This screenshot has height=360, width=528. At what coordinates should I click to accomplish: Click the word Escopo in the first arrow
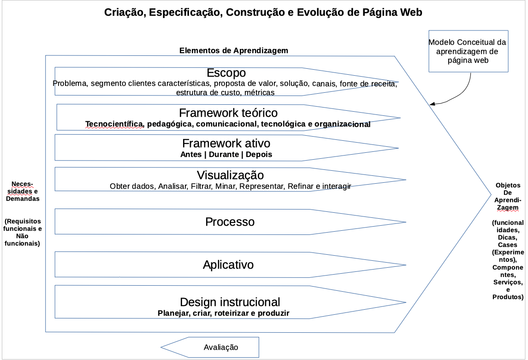pyautogui.click(x=226, y=73)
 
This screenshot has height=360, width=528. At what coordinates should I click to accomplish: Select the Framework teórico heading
pyautogui.click(x=228, y=113)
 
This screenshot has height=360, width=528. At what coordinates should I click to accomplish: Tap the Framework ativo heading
pyautogui.click(x=226, y=143)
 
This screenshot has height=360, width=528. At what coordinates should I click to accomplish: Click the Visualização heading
pyautogui.click(x=230, y=175)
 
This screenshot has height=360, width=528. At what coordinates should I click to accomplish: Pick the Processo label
pyautogui.click(x=230, y=222)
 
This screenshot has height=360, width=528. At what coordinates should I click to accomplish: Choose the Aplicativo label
pyautogui.click(x=228, y=265)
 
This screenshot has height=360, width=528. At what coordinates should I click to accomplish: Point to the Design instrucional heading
pyautogui.click(x=230, y=302)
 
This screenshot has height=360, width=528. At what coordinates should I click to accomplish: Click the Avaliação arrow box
pyautogui.click(x=220, y=347)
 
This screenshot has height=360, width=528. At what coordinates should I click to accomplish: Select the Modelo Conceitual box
pyautogui.click(x=467, y=51)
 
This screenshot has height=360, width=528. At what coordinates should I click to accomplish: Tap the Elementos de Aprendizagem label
pyautogui.click(x=234, y=50)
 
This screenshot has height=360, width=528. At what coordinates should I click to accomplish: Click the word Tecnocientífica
pyautogui.click(x=114, y=124)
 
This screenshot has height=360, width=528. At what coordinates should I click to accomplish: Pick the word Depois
pyautogui.click(x=259, y=155)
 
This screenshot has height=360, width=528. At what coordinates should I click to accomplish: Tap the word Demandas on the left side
pyautogui.click(x=23, y=198)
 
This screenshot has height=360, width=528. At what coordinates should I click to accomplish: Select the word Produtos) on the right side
pyautogui.click(x=508, y=297)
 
